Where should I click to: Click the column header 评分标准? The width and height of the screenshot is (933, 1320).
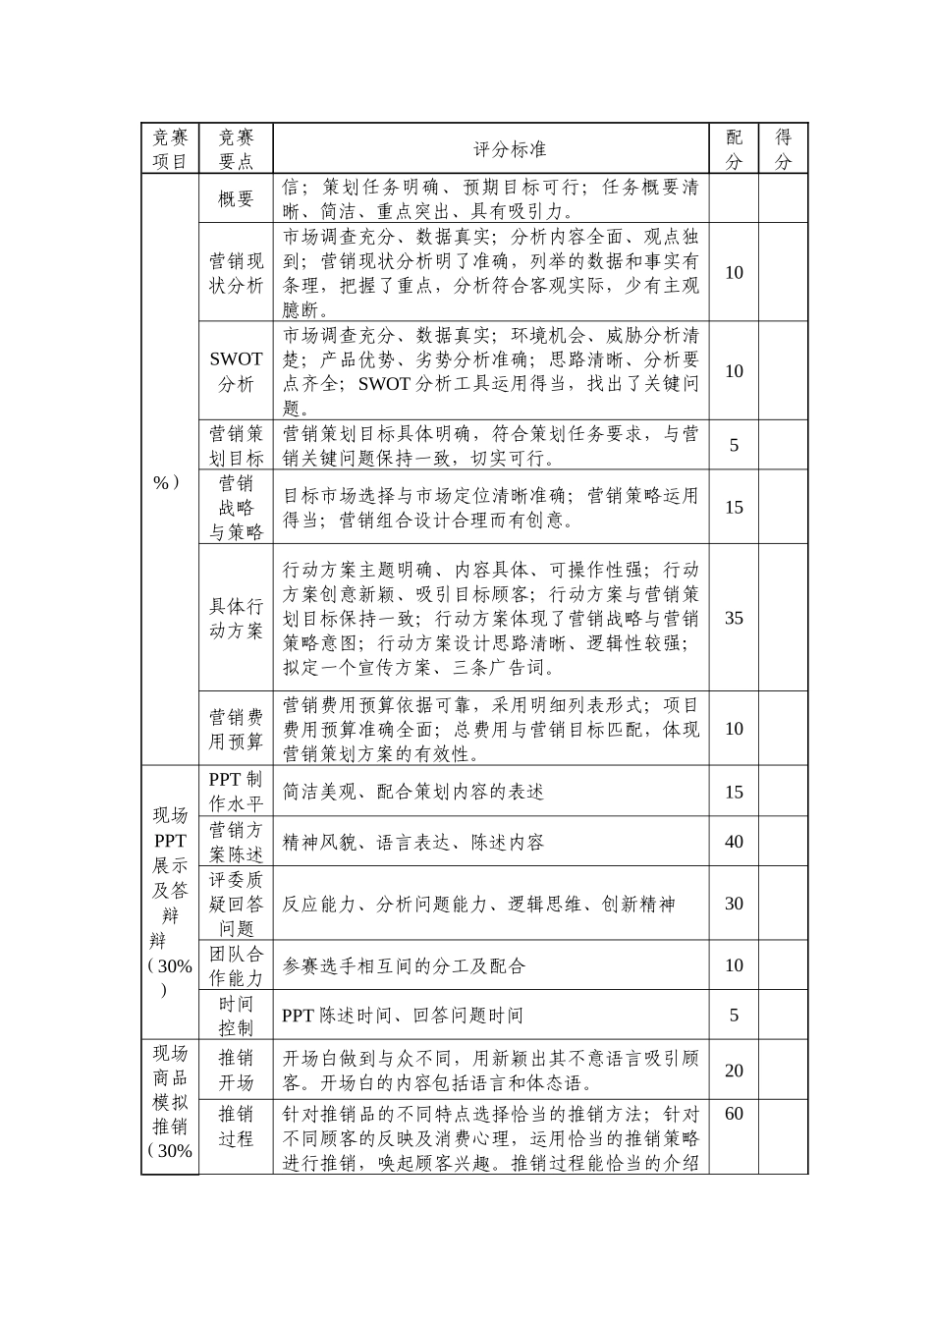(x=510, y=149)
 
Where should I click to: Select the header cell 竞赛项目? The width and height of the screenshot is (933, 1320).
(x=170, y=149)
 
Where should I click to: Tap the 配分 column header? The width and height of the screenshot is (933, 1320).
(x=734, y=149)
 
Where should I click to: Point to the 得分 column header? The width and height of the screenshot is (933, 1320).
(x=783, y=149)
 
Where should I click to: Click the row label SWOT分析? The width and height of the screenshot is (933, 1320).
(x=236, y=371)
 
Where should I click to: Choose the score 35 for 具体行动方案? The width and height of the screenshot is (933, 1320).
(x=734, y=618)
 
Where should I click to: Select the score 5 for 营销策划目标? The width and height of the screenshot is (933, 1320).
(x=734, y=446)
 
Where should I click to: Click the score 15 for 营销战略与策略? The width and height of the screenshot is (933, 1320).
(x=734, y=508)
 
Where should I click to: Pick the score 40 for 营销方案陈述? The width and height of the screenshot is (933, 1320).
(x=734, y=842)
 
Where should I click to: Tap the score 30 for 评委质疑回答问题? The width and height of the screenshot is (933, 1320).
(x=734, y=904)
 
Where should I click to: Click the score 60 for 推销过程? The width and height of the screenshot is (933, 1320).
(x=734, y=1114)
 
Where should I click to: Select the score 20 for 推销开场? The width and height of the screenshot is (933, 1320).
(x=734, y=1071)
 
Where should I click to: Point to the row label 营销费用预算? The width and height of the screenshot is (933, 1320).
(x=236, y=729)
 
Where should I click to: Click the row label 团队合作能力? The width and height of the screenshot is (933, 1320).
(x=236, y=965)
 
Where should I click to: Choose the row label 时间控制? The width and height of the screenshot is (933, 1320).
(x=236, y=1016)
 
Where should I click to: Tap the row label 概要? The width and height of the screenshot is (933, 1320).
(x=236, y=198)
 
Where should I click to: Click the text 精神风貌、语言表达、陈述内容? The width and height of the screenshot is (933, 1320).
(x=412, y=843)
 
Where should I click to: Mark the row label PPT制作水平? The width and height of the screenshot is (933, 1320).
(x=236, y=792)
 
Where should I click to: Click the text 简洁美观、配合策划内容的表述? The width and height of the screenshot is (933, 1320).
(x=412, y=793)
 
